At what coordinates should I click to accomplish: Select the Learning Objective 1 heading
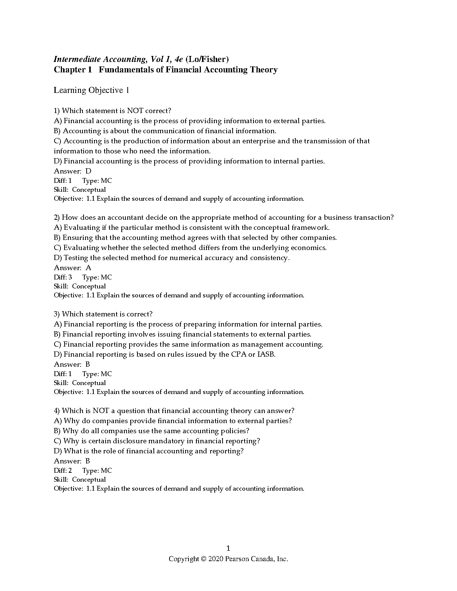pos(91,90)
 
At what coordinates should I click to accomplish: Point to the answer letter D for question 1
pos(88,171)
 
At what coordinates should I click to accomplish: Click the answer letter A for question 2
pos(88,268)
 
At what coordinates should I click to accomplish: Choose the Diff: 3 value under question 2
pos(70,277)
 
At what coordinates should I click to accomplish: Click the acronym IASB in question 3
pos(266,354)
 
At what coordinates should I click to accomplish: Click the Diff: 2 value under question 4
pos(70,470)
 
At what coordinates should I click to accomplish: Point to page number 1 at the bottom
pos(228,548)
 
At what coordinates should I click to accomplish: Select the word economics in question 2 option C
pos(308,248)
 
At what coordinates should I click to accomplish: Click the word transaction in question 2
pos(373,218)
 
